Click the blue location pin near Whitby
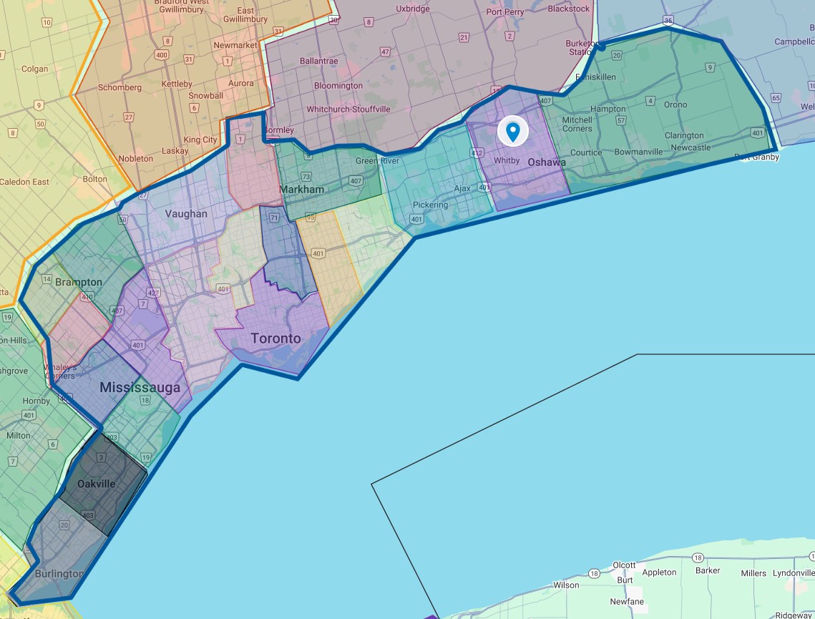click(512, 131)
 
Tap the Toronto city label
click(275, 338)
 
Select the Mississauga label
click(140, 388)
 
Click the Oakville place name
click(96, 484)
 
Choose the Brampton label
click(79, 282)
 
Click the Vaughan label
click(186, 214)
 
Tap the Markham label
click(302, 190)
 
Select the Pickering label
click(430, 205)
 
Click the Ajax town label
click(462, 189)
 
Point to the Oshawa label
click(547, 162)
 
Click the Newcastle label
click(690, 147)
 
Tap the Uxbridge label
click(413, 9)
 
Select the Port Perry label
click(505, 11)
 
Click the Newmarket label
click(235, 45)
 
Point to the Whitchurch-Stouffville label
click(348, 109)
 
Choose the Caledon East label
click(24, 182)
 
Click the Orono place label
click(675, 104)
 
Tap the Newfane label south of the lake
click(628, 602)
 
